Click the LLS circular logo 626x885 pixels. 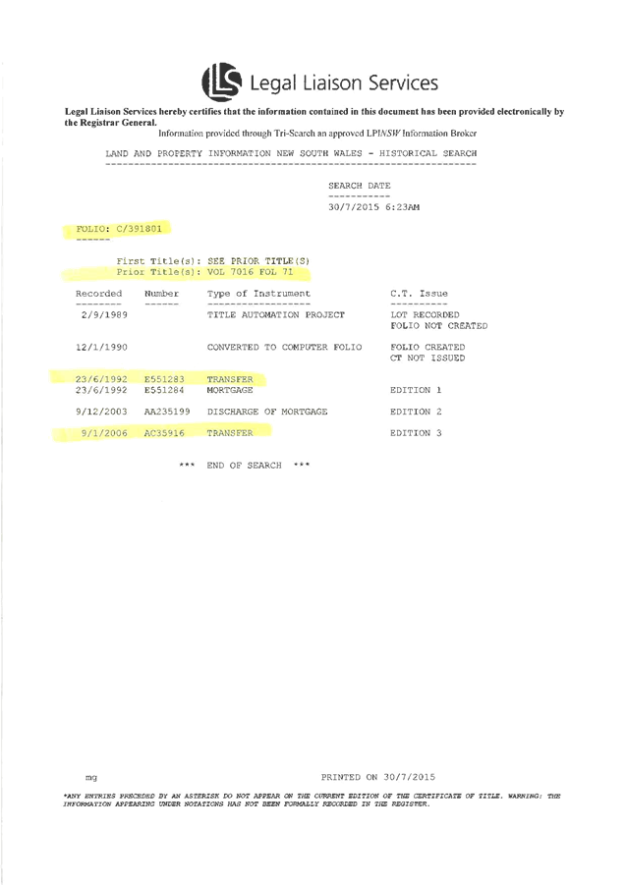coord(220,82)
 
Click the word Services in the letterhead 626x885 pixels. coord(400,83)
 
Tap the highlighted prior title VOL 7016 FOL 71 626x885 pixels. coord(261,270)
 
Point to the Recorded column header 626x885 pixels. coord(99,294)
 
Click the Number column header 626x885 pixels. coord(162,294)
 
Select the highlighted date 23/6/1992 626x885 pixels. coord(101,378)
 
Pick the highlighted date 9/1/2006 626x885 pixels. coord(104,432)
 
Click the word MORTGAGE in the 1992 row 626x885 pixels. coord(230,390)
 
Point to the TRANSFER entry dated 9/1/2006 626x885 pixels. coord(230,432)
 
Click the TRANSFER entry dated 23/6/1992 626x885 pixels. coord(230,378)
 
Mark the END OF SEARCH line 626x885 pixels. coord(244,464)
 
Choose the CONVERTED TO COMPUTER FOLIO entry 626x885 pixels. coord(284,347)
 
